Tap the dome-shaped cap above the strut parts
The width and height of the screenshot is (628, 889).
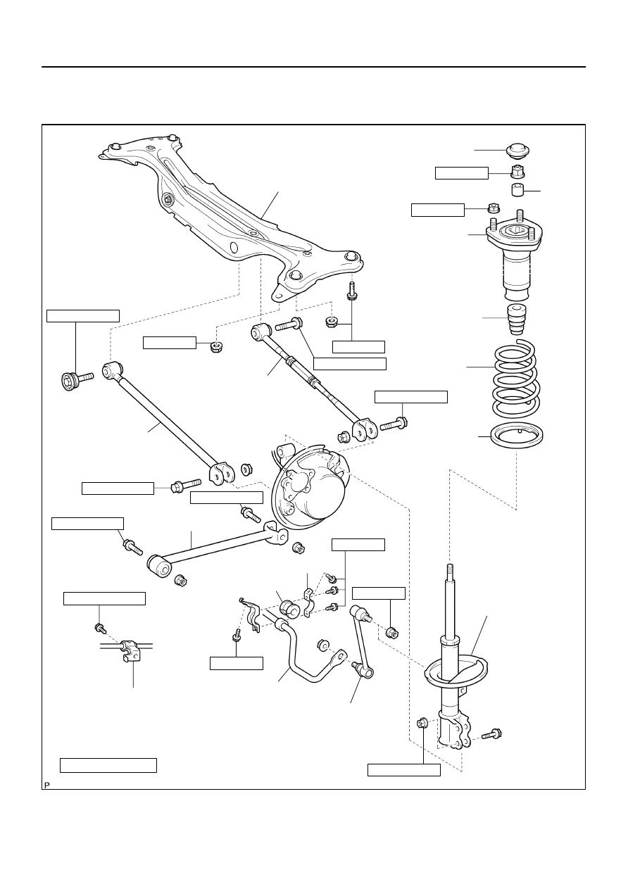pos(519,151)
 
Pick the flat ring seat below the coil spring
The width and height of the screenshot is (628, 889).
pos(517,436)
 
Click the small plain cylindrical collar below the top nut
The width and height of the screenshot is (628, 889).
pos(517,190)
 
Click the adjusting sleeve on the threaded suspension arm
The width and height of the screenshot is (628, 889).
pos(303,370)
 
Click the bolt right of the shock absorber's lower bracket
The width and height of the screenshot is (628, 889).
pos(491,734)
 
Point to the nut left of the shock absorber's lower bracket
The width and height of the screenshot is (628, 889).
pos(422,723)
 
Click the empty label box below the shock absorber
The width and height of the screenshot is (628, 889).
pos(404,769)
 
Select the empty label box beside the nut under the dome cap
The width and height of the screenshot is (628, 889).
pos(462,173)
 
